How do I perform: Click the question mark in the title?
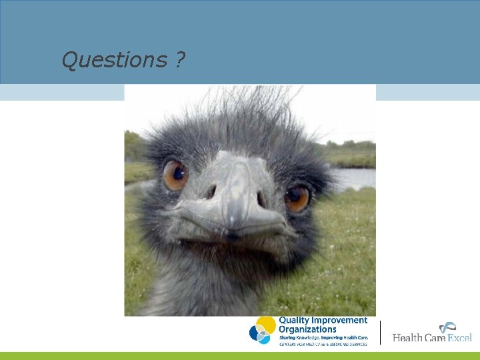(181, 61)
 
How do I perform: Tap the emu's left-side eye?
(176, 175)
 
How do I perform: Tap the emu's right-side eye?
(296, 197)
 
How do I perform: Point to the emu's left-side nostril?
(212, 192)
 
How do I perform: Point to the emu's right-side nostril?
(260, 199)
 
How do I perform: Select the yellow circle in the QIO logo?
(266, 325)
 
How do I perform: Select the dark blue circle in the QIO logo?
(256, 331)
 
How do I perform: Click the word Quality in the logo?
(293, 321)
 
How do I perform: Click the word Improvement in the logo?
(339, 321)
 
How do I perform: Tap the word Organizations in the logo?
(307, 329)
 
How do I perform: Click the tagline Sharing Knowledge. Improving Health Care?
(322, 337)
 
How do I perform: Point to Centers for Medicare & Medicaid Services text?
(323, 344)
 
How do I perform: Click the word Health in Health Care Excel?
(408, 337)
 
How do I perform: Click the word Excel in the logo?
(459, 337)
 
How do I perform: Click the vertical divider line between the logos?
(380, 332)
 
